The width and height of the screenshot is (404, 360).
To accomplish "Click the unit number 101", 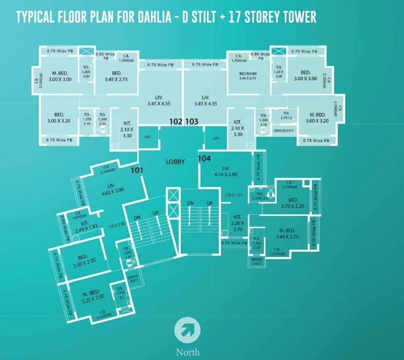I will coord(137,170).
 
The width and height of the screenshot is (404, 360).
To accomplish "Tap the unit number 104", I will coord(204,158).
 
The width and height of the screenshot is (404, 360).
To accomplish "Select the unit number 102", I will coord(176,121).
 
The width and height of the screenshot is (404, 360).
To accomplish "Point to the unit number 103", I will coord(192,121).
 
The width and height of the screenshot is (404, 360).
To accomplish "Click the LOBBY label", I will coord(175,161).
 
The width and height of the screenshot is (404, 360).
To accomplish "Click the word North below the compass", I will coord(188,352).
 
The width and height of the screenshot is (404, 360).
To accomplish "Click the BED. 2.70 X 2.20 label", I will coord(293,204).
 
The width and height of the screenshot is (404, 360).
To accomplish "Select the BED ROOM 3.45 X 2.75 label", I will coord(247,75).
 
